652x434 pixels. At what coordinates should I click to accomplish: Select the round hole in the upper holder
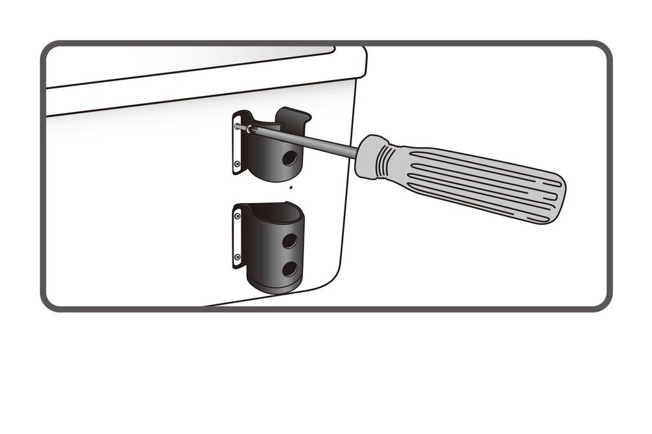point(290,158)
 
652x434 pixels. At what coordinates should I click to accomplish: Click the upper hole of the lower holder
point(290,241)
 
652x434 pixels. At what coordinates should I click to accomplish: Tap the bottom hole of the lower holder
point(290,269)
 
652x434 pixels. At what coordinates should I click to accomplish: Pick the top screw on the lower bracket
point(237,217)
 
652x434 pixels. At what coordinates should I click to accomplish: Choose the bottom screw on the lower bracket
point(237,258)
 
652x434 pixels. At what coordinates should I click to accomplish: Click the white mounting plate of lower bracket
point(237,237)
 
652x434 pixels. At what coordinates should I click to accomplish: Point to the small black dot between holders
point(290,188)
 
